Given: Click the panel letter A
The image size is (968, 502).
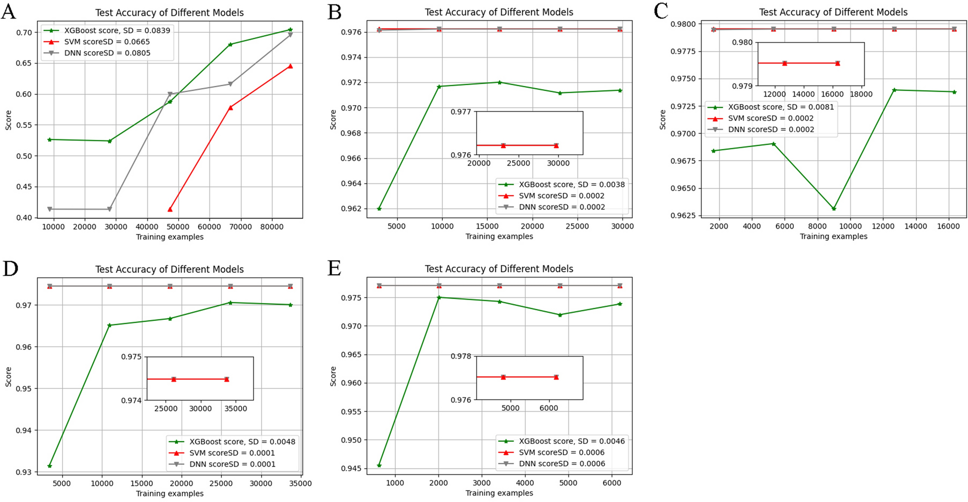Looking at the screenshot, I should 8,11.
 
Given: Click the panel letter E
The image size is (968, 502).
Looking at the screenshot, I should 335,268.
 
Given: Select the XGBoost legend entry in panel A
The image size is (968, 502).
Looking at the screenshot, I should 117,30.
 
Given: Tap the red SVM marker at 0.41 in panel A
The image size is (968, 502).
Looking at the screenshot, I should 170,209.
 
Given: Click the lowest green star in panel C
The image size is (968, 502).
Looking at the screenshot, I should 834,209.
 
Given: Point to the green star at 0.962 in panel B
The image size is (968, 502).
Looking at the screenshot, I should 379,209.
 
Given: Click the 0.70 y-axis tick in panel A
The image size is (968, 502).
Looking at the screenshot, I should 24,32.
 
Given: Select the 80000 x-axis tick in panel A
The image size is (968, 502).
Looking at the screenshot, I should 272,227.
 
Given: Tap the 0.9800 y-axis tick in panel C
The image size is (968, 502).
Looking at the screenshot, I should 686,24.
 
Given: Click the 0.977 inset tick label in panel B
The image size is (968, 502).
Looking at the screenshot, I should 461,112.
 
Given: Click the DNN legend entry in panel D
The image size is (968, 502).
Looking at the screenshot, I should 232,464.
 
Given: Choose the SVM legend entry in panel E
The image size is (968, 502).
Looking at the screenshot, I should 561,452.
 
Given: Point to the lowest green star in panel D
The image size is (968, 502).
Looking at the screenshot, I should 50,466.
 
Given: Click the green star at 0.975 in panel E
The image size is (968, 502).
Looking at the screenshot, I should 439,297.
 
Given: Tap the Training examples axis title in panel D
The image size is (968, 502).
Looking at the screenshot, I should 170,494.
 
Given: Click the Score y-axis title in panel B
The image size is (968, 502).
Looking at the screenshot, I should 333,120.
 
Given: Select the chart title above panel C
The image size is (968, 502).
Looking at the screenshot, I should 833,12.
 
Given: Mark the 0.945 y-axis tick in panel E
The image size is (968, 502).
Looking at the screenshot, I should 352,468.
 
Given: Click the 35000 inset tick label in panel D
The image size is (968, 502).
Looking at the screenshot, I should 235,409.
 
